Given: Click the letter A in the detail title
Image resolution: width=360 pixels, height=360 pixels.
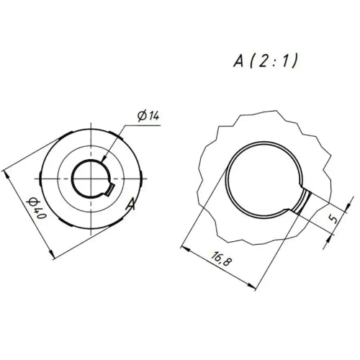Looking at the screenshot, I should coord(238,61).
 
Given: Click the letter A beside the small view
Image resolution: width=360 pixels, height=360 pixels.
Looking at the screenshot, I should coord(130,204).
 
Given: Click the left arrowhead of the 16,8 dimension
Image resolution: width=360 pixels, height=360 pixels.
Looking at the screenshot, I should coord(182,249).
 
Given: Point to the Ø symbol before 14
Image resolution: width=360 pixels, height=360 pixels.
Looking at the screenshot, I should coord(140,116).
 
